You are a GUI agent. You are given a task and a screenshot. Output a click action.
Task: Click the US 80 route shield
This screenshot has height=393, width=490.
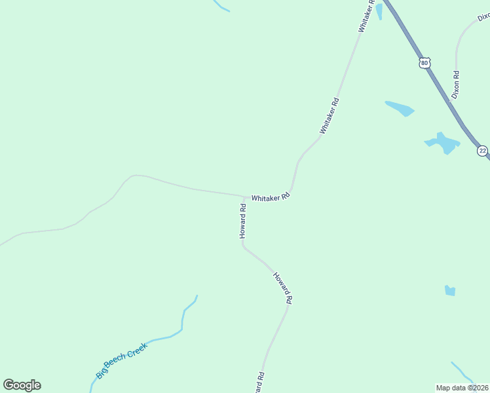(x=425, y=63)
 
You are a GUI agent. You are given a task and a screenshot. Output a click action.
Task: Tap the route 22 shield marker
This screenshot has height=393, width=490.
(x=483, y=151)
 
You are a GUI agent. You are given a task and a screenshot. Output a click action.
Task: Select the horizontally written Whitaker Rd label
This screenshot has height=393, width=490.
(x=271, y=196)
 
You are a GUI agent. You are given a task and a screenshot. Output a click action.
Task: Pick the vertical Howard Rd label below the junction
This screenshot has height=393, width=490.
(x=242, y=221)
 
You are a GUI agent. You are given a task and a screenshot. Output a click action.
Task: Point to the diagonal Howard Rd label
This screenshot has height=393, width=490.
(x=282, y=288)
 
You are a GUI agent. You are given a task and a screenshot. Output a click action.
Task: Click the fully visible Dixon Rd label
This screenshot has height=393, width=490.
(x=455, y=85)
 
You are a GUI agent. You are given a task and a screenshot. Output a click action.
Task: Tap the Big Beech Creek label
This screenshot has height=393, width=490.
(x=122, y=360)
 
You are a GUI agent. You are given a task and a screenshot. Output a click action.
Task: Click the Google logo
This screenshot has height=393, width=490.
(x=22, y=385)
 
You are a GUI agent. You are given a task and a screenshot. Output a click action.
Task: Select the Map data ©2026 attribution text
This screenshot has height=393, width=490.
(x=462, y=388)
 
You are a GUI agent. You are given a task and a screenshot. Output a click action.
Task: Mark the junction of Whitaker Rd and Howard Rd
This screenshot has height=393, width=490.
(x=244, y=196)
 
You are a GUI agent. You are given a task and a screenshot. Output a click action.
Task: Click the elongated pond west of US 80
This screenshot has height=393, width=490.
(x=400, y=108)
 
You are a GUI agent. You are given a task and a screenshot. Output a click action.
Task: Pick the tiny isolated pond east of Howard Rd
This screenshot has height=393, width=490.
(x=449, y=290)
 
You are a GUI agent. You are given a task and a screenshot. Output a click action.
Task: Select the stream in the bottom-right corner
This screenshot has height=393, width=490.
(x=462, y=370)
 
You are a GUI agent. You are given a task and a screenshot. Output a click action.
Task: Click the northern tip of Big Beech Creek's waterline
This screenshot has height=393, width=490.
(x=197, y=296)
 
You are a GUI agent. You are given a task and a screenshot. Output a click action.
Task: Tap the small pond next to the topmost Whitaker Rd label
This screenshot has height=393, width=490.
(x=379, y=11)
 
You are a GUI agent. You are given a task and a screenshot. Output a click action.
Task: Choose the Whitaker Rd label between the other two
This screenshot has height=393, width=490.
(x=330, y=116)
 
